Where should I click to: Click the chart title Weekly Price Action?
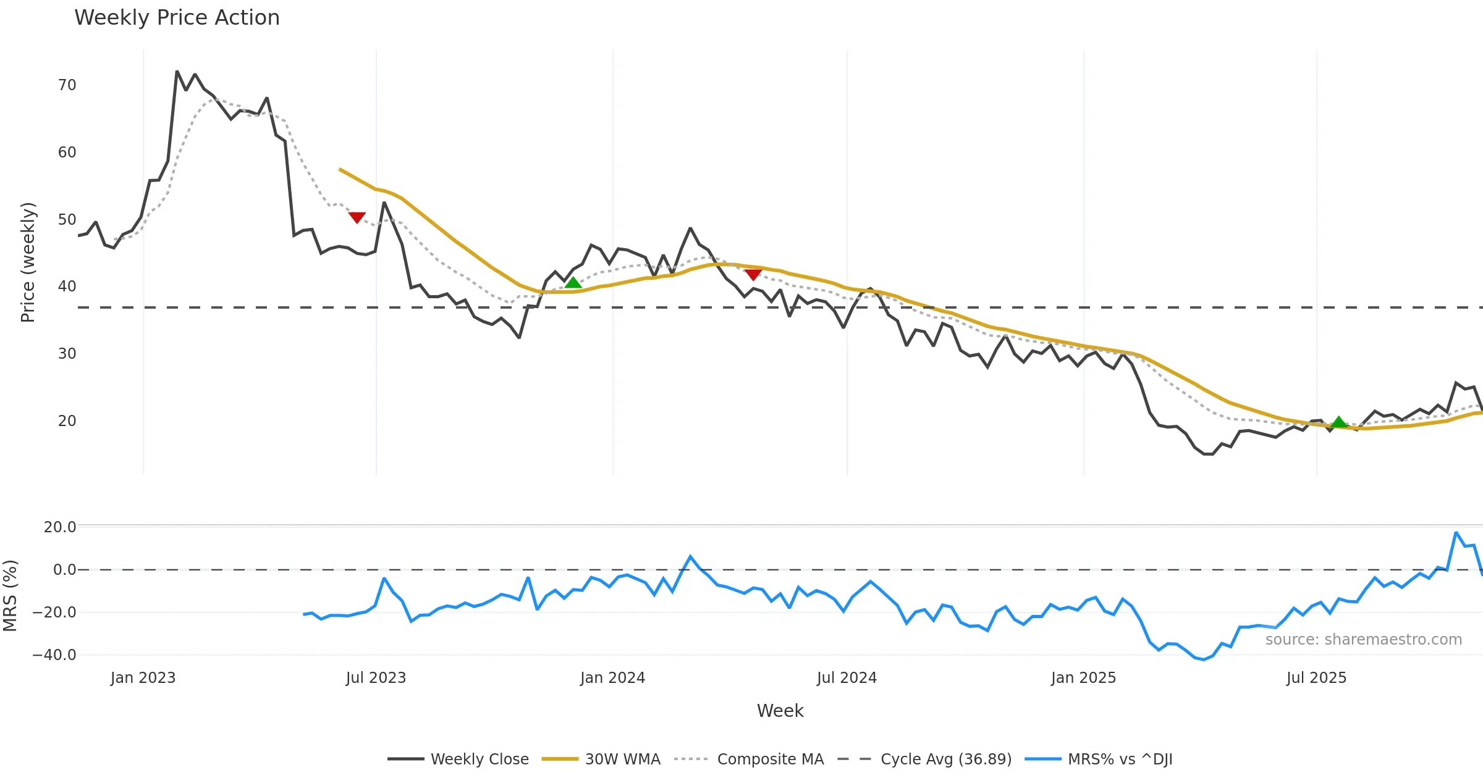point(177,18)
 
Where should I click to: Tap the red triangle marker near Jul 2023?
point(357,217)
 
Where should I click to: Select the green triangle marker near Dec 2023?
point(573,283)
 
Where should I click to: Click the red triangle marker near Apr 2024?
point(753,274)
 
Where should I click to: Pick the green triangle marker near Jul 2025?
point(1338,422)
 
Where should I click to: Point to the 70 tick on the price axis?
point(67,85)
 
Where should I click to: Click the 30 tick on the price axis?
point(67,354)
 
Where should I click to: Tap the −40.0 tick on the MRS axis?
point(54,655)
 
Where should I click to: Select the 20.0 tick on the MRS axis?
point(59,527)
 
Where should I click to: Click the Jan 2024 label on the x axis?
point(612,678)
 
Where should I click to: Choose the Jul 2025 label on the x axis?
point(1316,678)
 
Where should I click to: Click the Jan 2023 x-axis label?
point(143,678)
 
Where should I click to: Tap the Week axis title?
point(780,711)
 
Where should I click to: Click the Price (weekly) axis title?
point(28,262)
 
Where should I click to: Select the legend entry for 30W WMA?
point(622,759)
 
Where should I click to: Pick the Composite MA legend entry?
point(770,759)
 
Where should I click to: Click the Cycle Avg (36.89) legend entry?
point(945,759)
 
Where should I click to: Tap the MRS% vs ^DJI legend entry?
point(1120,759)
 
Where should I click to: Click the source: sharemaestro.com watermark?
point(1363,640)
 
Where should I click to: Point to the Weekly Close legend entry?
point(479,759)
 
